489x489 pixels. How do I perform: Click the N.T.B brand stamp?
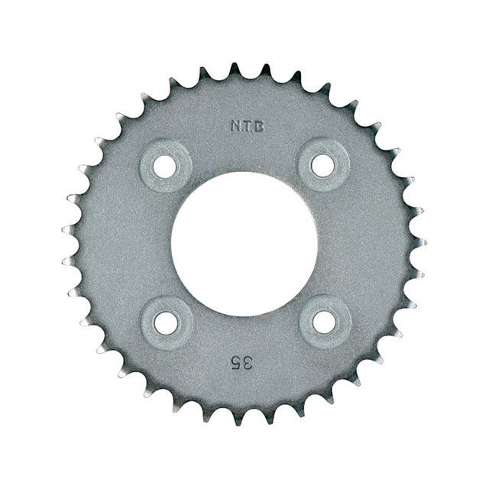248,126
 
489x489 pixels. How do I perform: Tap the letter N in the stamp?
235,126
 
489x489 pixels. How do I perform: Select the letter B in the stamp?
260,126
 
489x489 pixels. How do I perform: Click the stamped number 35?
241,364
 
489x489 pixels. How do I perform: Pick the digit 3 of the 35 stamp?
247,364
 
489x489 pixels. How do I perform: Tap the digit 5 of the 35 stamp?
235,364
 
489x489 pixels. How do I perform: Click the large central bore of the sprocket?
244,244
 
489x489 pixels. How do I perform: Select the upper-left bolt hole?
165,166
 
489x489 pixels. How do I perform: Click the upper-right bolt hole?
323,165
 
